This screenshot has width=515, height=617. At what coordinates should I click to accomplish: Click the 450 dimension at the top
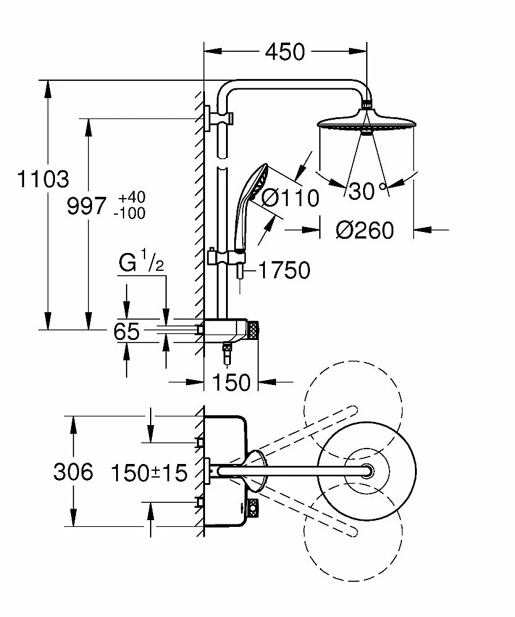tap(285, 52)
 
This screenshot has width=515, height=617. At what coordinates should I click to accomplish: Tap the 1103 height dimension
tap(43, 180)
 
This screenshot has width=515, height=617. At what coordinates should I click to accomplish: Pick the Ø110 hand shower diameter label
tap(290, 198)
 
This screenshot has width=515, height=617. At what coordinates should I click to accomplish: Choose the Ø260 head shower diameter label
tap(364, 230)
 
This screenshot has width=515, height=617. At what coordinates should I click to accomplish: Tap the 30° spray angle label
tap(367, 191)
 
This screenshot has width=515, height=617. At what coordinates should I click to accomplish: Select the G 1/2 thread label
tap(140, 263)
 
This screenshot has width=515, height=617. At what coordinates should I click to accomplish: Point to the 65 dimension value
tap(126, 332)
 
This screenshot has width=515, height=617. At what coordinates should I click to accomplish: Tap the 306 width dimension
tap(73, 472)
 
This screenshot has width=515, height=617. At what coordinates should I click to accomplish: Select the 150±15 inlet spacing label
tap(149, 473)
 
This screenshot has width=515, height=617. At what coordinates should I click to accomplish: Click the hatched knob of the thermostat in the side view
tap(254, 330)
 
